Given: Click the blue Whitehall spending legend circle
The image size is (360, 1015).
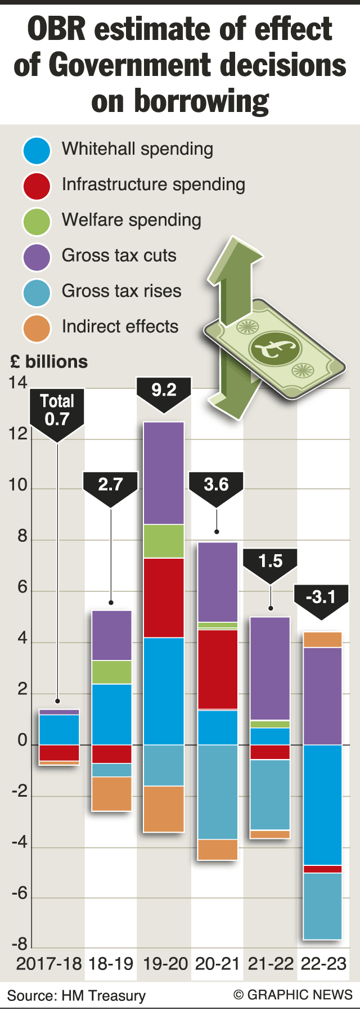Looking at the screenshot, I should click(37, 150).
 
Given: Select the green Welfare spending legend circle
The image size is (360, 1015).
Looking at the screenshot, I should click(37, 221).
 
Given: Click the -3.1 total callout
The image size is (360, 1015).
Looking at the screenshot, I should click(321, 597).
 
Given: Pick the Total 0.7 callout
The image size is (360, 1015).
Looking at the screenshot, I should click(57, 410).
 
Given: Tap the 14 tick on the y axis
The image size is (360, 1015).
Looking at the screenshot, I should click(18, 383).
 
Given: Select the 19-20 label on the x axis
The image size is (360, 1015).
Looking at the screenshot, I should click(165, 964).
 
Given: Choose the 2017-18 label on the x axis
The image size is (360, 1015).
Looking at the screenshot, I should click(49, 964).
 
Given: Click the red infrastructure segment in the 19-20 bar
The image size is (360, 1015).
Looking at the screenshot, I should click(164, 598).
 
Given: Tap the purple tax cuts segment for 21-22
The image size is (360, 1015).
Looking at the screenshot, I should click(270, 668).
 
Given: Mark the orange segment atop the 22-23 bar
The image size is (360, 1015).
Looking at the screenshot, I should click(323, 640).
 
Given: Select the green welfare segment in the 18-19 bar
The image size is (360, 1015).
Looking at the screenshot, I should click(111, 672).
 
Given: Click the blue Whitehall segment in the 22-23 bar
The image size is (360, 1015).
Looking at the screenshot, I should click(323, 805).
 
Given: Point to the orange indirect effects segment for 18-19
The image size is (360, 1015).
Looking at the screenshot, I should click(111, 793).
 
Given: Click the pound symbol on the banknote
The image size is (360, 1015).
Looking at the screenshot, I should click(274, 347).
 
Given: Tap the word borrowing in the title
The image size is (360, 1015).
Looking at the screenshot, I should click(180, 101).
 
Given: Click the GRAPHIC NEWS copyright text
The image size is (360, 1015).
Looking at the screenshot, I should click(293, 995).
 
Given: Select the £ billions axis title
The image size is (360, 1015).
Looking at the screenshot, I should click(49, 362).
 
